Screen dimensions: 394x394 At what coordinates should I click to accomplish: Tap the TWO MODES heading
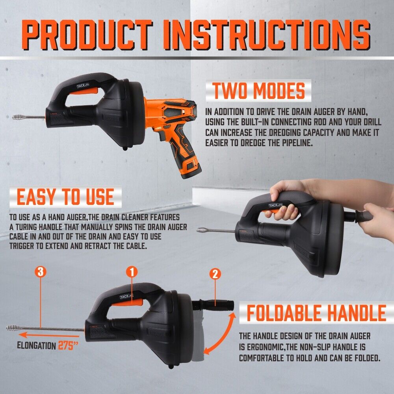pyautogui.click(x=259, y=91)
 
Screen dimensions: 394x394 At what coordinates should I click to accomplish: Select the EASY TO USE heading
pyautogui.click(x=65, y=197)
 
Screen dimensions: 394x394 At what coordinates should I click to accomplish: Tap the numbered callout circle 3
pyautogui.click(x=41, y=271)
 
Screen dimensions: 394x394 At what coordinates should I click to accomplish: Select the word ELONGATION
pyautogui.click(x=36, y=346)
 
